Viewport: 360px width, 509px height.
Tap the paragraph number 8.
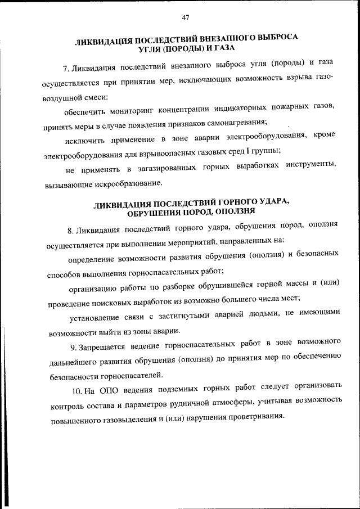[x=69, y=230]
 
